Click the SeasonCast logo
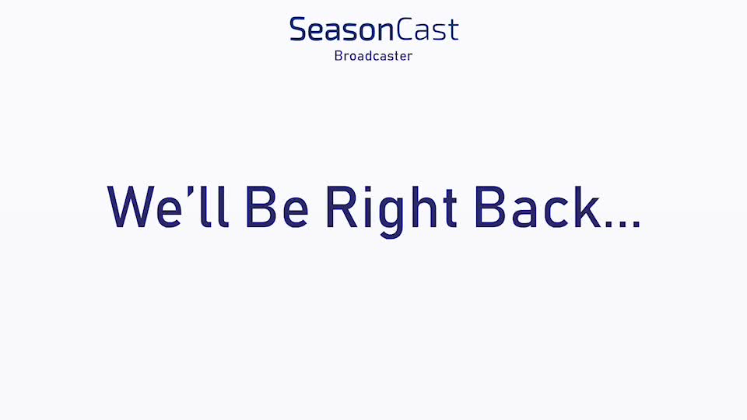coord(374,29)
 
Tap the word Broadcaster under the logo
coord(373,56)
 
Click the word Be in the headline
coord(276,207)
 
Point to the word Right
coord(391,212)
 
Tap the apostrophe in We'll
coord(190,191)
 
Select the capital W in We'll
coord(131,207)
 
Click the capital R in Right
coord(342,207)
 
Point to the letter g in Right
coord(391,218)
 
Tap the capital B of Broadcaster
coord(338,56)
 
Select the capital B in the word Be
coord(261,207)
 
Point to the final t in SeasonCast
coord(453,30)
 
